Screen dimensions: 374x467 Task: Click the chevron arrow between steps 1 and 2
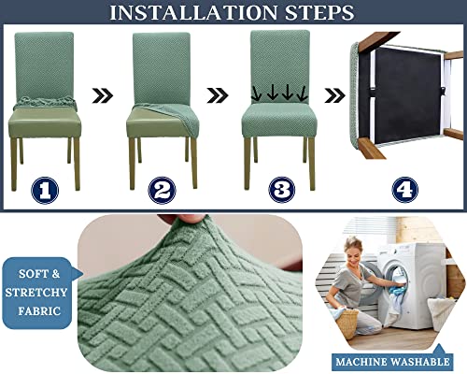104,94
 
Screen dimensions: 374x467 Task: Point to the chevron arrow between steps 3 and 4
334,94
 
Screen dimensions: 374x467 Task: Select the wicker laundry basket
348,323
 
